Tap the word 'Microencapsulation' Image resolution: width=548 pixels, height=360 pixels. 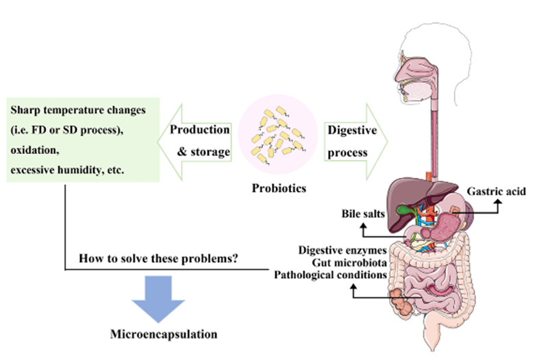(164, 335)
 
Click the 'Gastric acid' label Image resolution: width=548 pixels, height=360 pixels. (497, 191)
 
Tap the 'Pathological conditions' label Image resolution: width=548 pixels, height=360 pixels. (332, 275)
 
